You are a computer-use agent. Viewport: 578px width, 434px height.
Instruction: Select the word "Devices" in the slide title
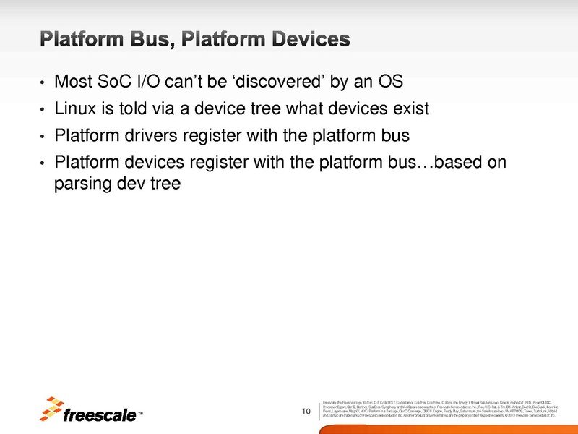310,38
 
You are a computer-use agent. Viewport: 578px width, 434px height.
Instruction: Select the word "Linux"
75,109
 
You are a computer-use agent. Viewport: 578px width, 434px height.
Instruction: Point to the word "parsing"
80,184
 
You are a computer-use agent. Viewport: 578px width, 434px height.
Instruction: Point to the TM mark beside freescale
140,415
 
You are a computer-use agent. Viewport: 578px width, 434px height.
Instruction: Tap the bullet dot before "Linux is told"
43,110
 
